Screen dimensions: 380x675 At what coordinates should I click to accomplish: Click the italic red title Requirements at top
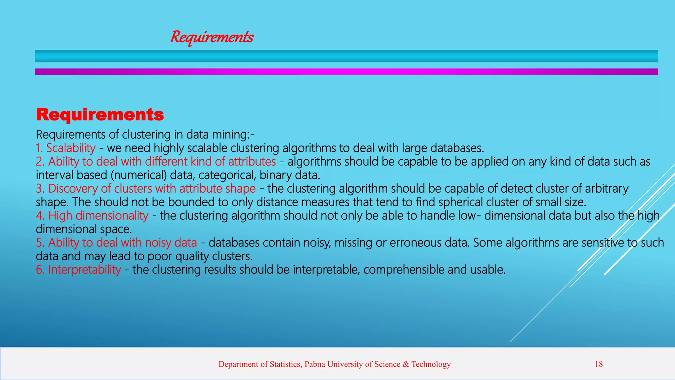212,37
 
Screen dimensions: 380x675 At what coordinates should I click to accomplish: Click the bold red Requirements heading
100,115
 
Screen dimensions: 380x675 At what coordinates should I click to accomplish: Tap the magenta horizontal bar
346,72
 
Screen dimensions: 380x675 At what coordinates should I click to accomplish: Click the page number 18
599,364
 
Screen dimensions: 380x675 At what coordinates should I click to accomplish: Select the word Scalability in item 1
71,148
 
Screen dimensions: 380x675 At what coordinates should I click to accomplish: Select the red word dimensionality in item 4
112,216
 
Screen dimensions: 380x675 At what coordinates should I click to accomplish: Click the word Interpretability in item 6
84,270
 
